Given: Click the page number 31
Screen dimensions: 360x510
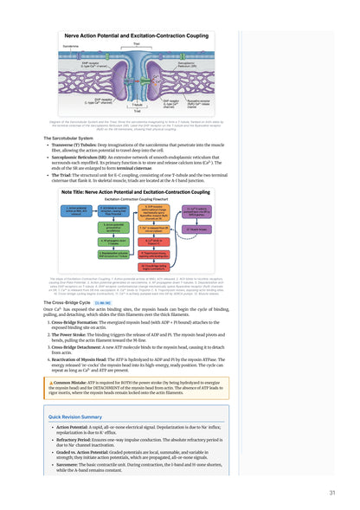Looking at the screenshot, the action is (332, 493).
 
